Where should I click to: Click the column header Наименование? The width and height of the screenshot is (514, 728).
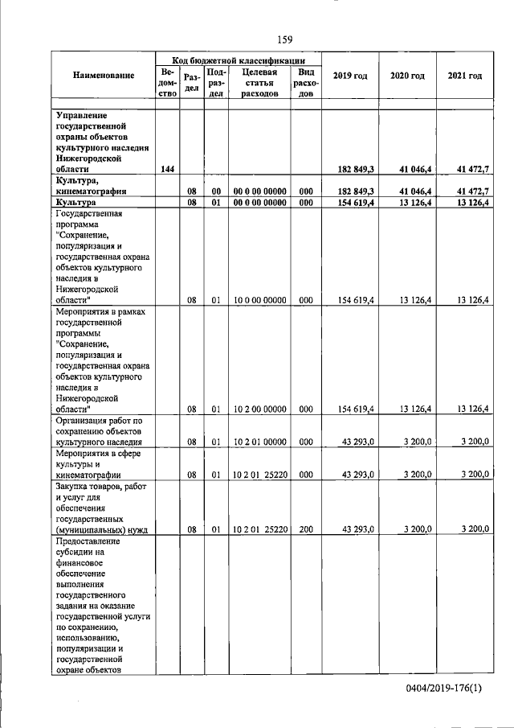click(x=103, y=76)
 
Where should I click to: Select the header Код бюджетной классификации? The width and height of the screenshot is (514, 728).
click(x=239, y=60)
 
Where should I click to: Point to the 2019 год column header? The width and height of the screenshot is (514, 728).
click(x=350, y=76)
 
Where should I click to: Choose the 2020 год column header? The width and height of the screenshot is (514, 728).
click(x=407, y=76)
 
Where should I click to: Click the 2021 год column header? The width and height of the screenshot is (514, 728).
click(x=465, y=76)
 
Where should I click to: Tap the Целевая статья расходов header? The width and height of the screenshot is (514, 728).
click(x=259, y=82)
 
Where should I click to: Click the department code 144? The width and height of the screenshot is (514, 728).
click(x=168, y=169)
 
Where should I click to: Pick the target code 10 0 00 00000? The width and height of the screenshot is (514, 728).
click(x=259, y=301)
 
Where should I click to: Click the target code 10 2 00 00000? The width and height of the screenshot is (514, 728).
click(x=259, y=409)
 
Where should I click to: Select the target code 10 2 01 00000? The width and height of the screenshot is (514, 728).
click(x=259, y=441)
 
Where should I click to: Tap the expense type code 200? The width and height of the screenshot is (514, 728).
click(x=305, y=529)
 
